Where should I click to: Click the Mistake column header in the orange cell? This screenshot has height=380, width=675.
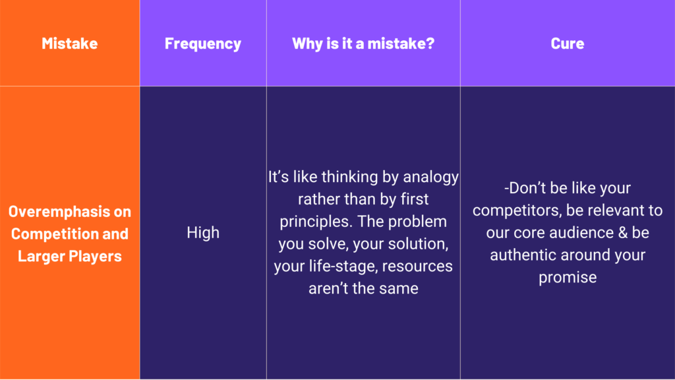70,44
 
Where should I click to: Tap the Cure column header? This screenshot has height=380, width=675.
568,44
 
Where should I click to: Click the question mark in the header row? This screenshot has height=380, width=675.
430,44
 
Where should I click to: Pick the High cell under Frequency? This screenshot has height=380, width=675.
203,233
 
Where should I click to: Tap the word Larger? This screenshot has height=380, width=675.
41,257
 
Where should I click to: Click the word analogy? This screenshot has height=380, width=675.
430,177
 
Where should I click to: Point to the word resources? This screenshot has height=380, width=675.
417,267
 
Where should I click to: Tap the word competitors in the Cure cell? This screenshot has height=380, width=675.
517,210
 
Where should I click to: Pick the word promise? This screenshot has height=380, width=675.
568,278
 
